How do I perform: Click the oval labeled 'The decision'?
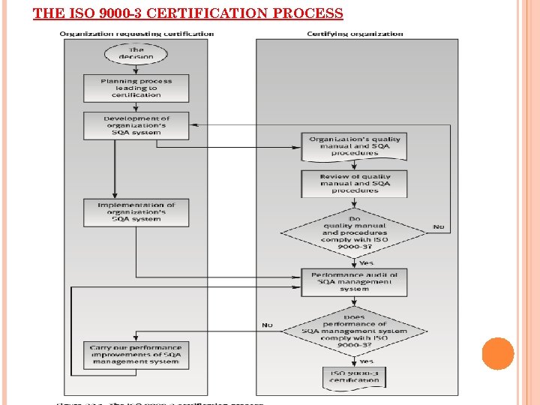click(x=136, y=53)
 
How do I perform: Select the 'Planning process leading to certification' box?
click(x=136, y=88)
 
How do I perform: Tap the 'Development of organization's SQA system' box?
click(x=136, y=125)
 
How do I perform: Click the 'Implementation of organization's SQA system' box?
click(x=136, y=211)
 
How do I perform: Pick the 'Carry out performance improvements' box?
click(x=136, y=355)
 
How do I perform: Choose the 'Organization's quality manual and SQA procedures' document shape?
click(x=355, y=146)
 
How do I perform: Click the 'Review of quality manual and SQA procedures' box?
click(x=355, y=184)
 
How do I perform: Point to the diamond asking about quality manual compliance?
click(x=355, y=232)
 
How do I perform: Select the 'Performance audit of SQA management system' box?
click(x=355, y=281)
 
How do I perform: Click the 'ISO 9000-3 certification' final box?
click(x=355, y=376)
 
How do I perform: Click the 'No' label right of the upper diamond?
click(x=438, y=226)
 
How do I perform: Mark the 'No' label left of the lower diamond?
click(x=267, y=325)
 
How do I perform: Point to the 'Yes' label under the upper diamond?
click(x=366, y=262)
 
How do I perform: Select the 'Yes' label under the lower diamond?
click(x=366, y=361)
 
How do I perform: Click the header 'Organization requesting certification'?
click(x=136, y=34)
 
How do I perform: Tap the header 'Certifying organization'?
click(x=355, y=34)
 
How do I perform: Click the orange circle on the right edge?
click(x=498, y=354)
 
